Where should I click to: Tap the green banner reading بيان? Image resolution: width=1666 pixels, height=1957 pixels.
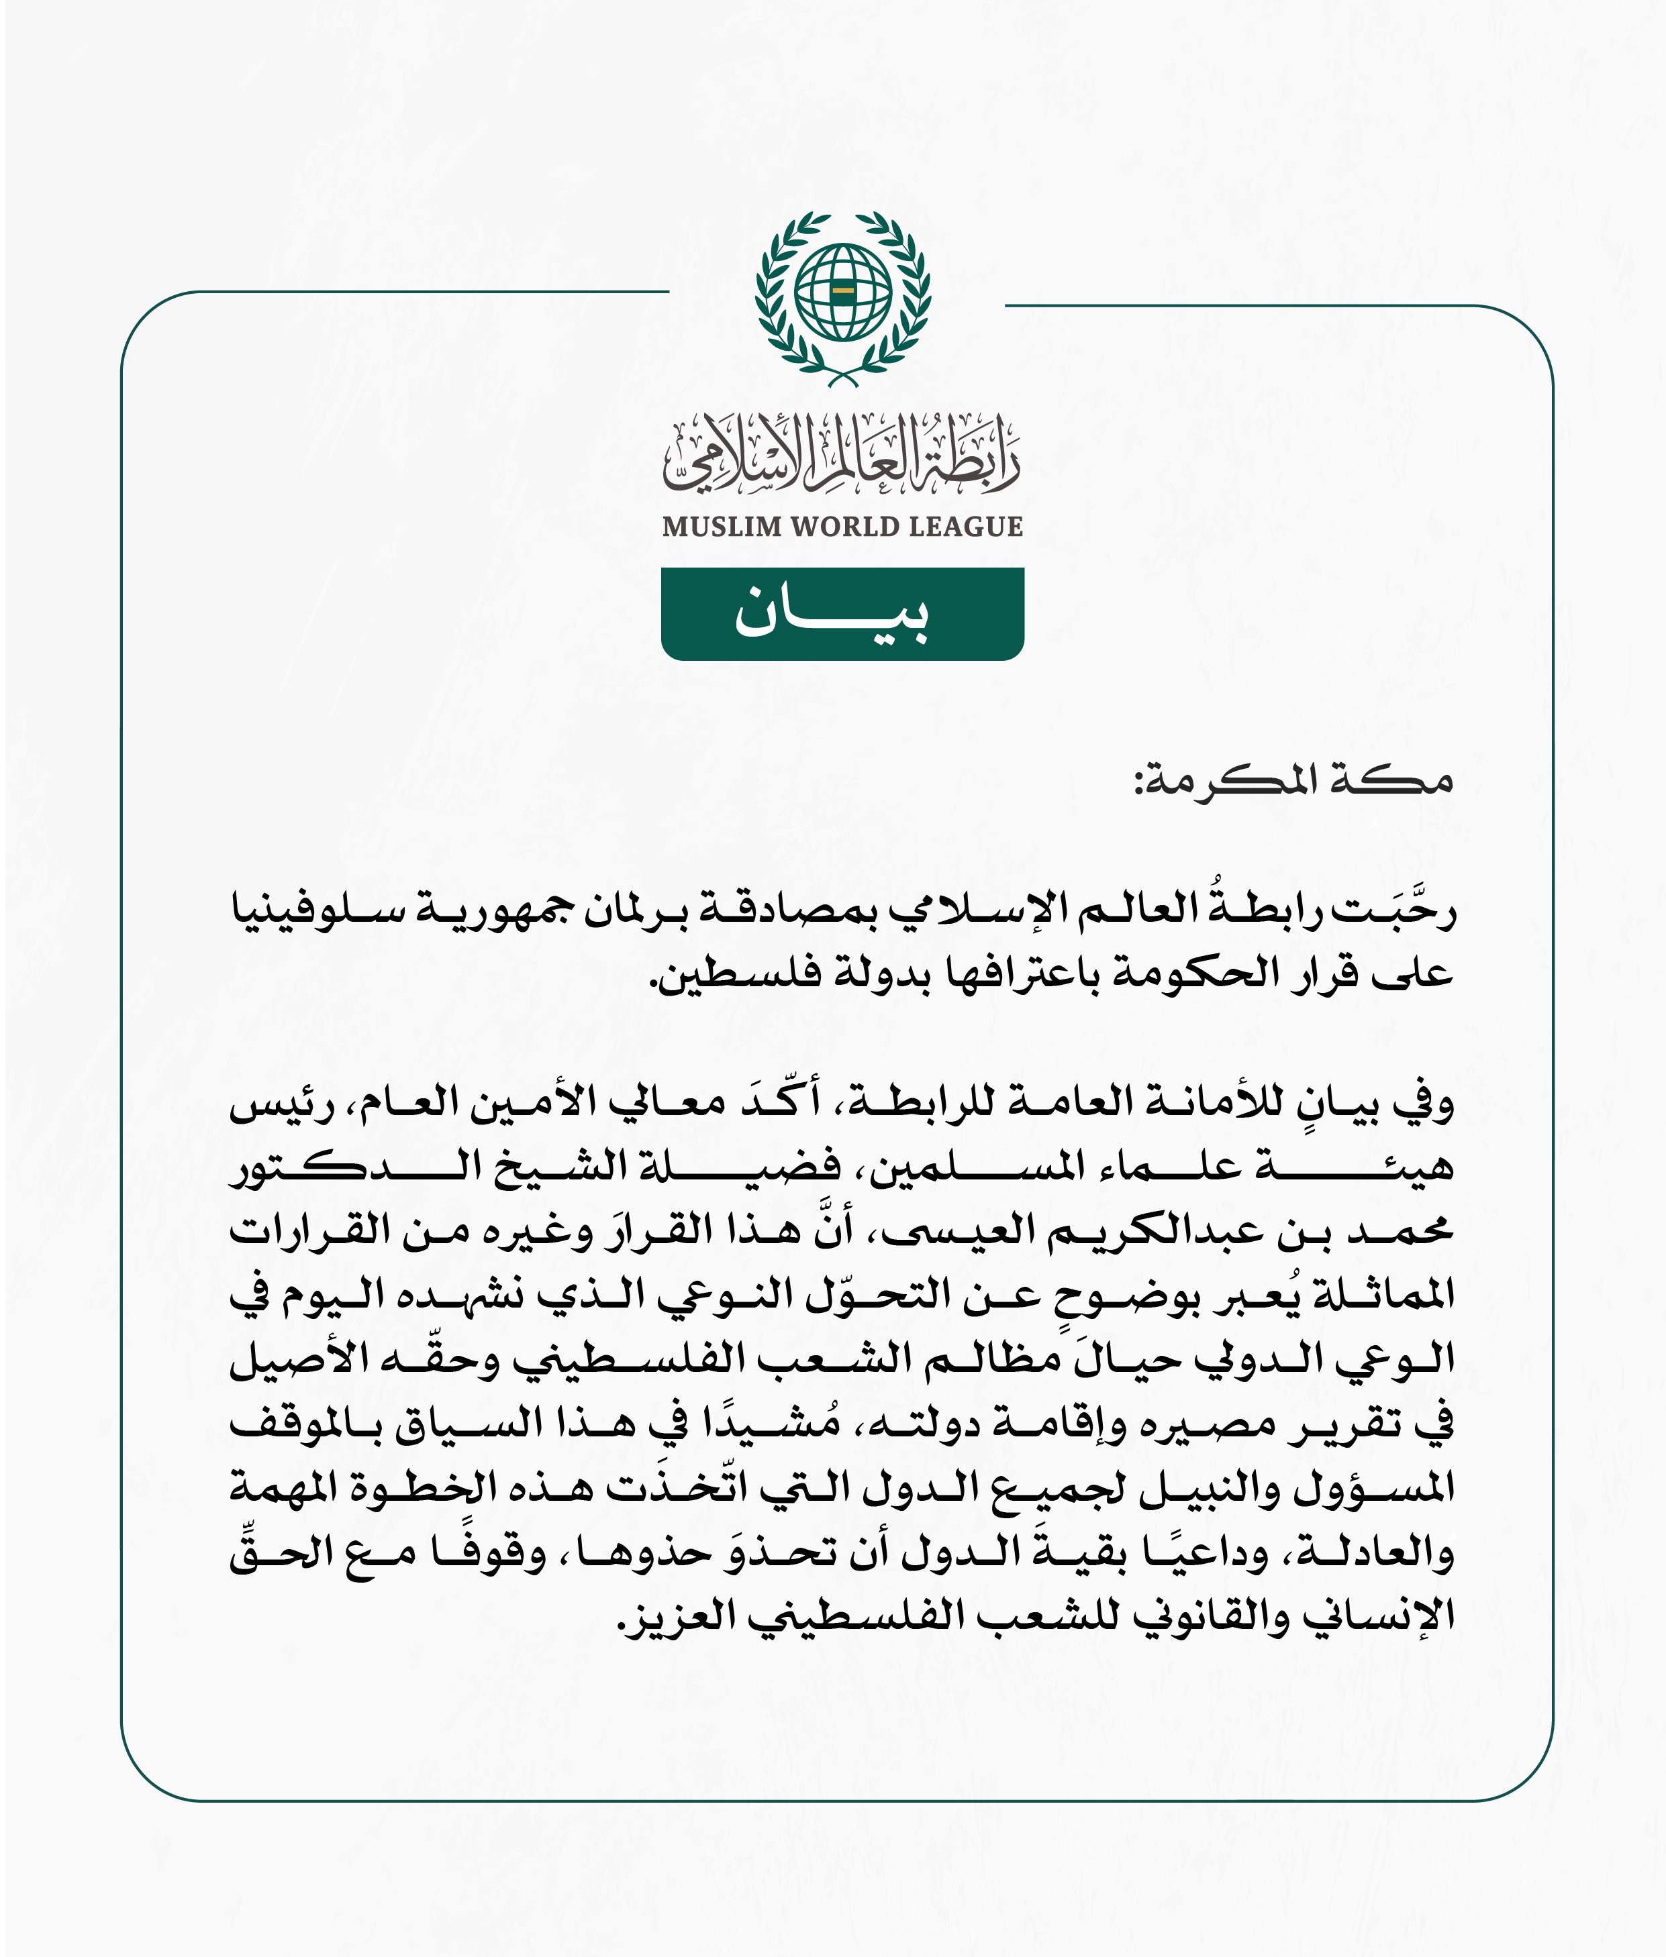point(842,614)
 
